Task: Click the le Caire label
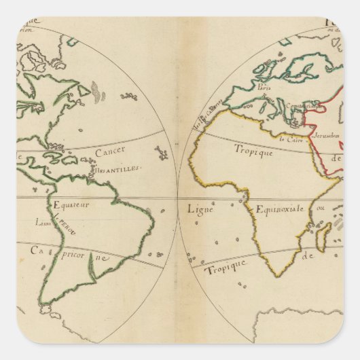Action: coord(291,139)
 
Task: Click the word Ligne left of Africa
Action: coord(200,209)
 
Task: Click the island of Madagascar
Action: coord(323,238)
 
